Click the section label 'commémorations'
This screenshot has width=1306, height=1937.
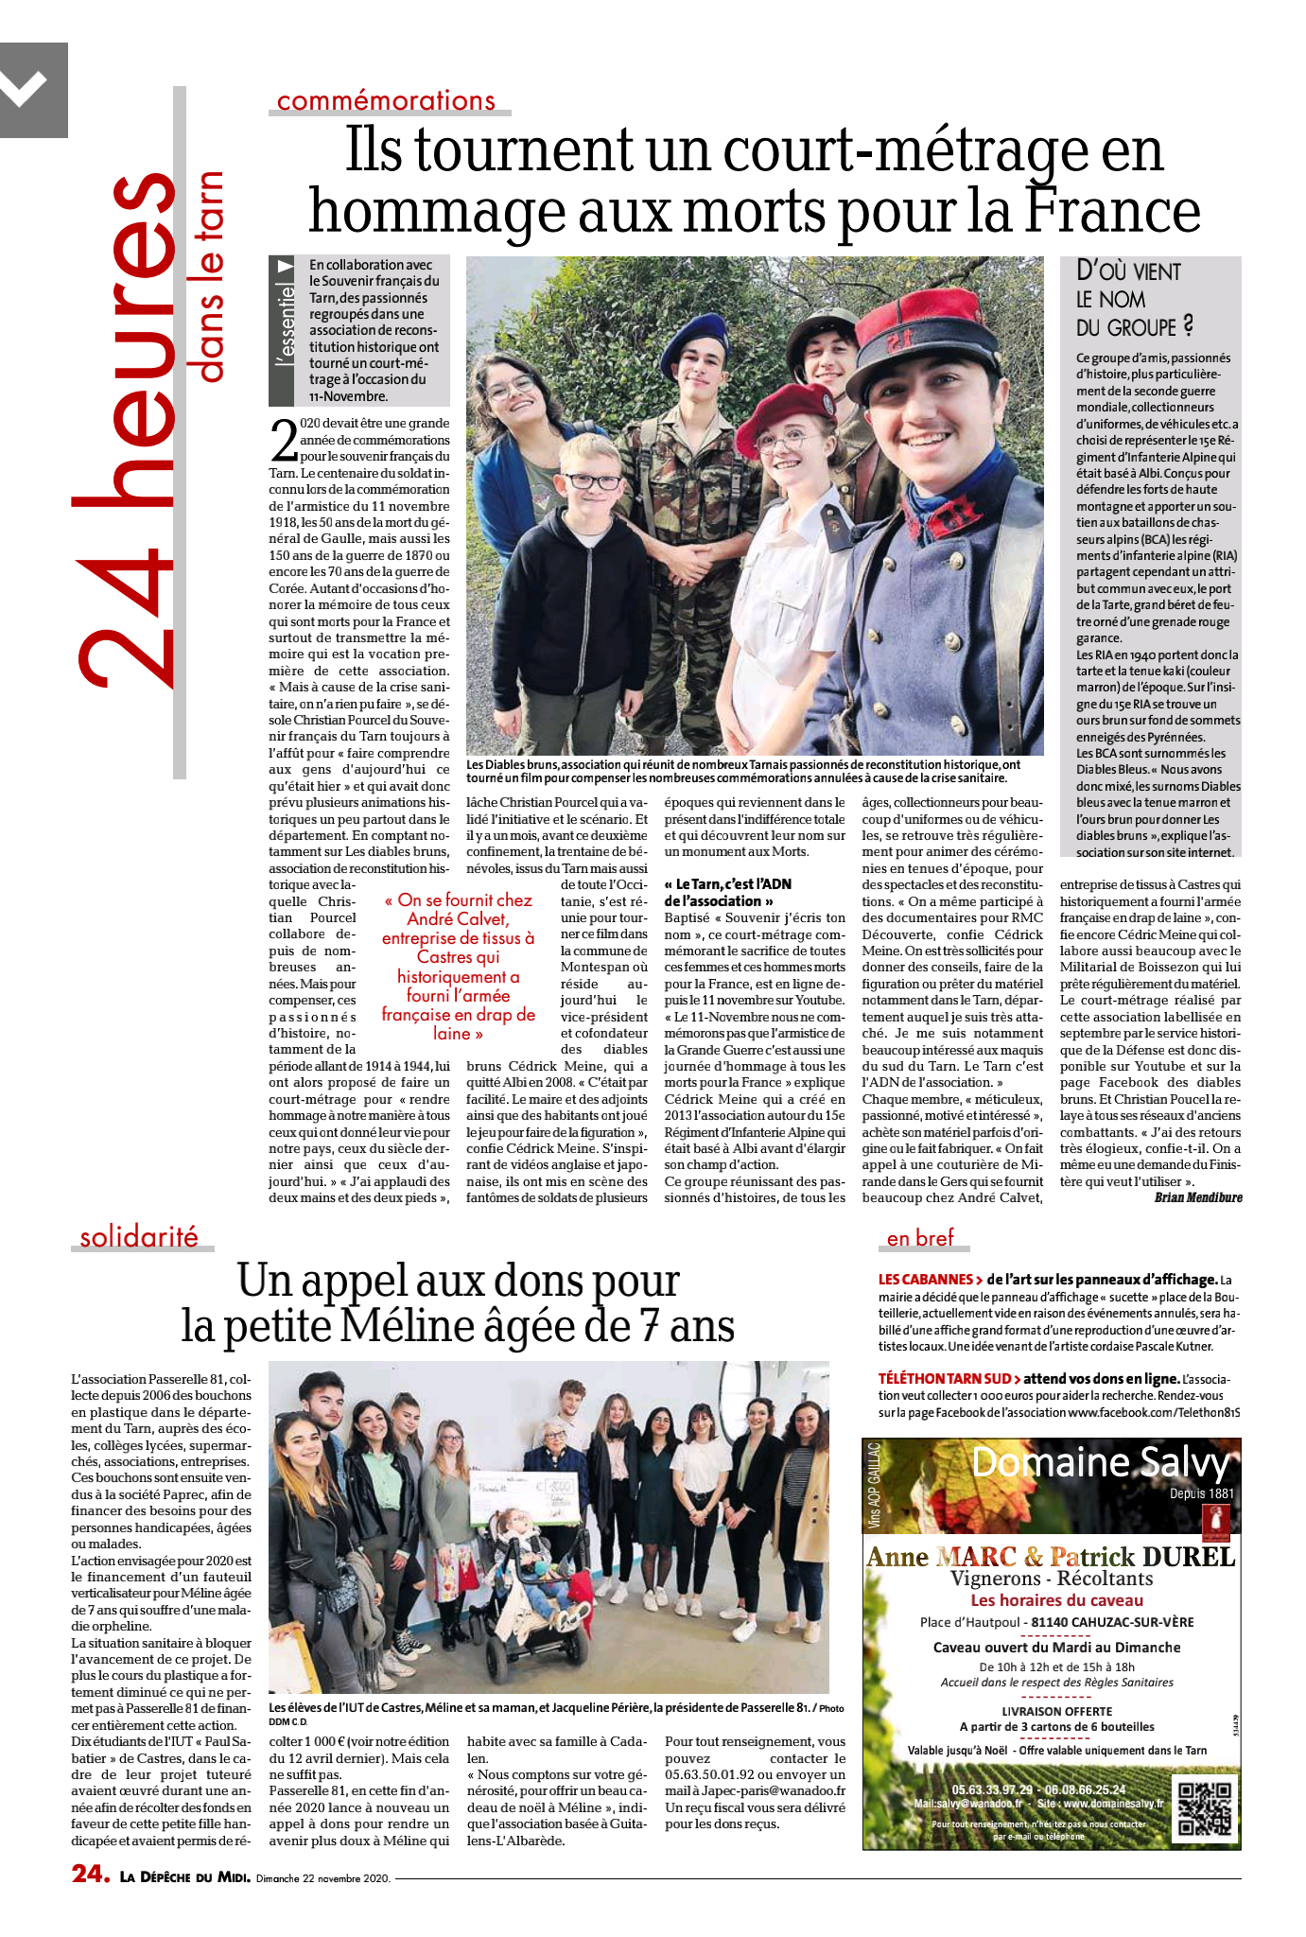coord(386,100)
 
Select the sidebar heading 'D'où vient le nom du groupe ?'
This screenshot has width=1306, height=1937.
coord(1130,299)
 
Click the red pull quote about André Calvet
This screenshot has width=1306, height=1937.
coord(459,967)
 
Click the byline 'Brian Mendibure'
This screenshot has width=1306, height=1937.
coord(1198,1197)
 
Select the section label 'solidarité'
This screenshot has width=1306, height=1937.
coord(139,1237)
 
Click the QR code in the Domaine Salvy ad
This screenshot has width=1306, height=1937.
coord(1205,1808)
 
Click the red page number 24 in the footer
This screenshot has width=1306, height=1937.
coord(91,1874)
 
